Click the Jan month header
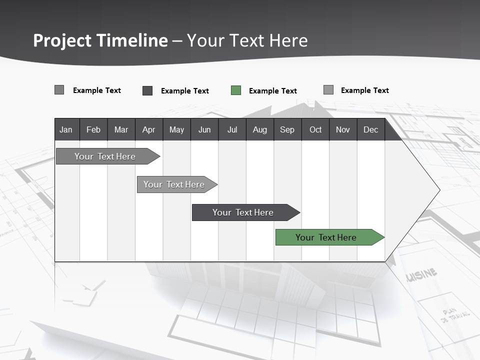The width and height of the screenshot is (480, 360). click(x=66, y=129)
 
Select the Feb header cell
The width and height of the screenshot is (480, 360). click(x=93, y=129)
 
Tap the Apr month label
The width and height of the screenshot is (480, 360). click(x=148, y=129)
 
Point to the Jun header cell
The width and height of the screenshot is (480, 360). click(x=204, y=129)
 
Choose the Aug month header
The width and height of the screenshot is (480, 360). click(x=259, y=129)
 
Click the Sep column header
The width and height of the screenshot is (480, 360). click(x=287, y=129)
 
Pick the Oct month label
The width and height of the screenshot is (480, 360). click(x=315, y=129)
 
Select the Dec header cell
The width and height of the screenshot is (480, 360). click(x=370, y=129)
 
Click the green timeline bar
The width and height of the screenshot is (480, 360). click(x=326, y=237)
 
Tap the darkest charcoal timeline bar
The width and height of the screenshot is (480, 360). click(x=243, y=212)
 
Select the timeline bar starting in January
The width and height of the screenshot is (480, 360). click(x=105, y=156)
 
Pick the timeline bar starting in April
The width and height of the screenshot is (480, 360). click(x=174, y=184)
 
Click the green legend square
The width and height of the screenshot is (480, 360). click(x=236, y=90)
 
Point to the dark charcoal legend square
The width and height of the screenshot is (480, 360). click(x=147, y=90)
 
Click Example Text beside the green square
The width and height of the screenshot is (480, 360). click(x=272, y=91)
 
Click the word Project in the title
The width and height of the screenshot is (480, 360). click(x=62, y=40)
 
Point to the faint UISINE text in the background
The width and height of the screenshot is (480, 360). click(x=422, y=274)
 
